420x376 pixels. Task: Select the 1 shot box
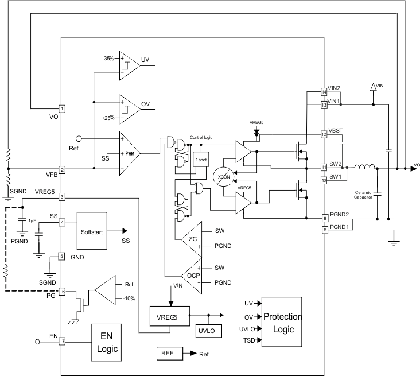pos(201,158)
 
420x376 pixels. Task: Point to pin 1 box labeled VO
pos(61,108)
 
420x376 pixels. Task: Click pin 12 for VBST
pos(324,135)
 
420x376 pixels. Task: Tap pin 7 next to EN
pos(61,341)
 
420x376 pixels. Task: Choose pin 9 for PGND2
pos(324,219)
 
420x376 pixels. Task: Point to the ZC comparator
pos(192,238)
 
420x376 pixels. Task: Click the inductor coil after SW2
pos(364,168)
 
